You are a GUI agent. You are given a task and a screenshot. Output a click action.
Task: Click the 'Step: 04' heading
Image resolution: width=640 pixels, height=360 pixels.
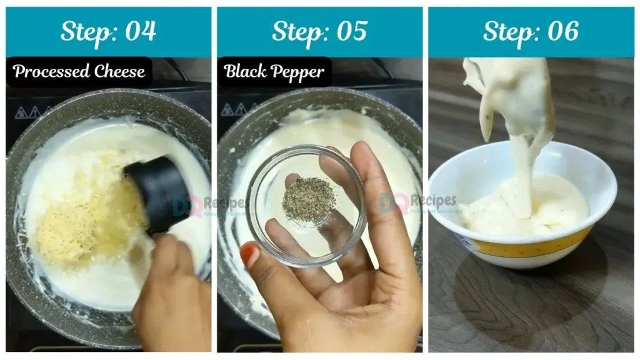(x=108, y=31)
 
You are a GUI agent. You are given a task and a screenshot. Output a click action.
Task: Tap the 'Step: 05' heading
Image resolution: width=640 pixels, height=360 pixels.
(x=319, y=31)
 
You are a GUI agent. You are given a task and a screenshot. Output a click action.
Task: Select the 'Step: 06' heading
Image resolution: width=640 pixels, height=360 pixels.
(x=531, y=31)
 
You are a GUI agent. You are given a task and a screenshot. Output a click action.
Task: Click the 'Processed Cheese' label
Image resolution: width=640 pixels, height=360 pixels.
(x=79, y=71)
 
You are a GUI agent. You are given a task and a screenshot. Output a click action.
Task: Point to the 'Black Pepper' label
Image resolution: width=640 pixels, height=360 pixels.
(x=274, y=72)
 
